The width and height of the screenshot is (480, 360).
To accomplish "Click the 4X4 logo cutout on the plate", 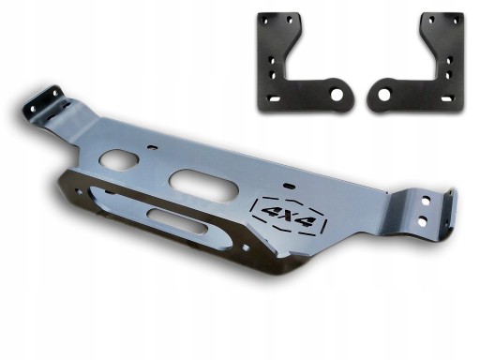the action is point(290,216).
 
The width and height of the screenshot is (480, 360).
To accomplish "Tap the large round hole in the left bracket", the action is point(337,95).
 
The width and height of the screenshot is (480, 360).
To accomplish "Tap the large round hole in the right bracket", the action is point(383,95).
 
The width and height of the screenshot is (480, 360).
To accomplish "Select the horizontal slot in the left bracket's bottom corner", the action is point(274,99).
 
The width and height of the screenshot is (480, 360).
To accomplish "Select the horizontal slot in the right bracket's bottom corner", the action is point(446,99).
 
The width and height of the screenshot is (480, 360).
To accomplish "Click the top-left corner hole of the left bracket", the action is point(265,22).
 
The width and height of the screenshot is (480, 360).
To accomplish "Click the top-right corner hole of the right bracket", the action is point(456,22).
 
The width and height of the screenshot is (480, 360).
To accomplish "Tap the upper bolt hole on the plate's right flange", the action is point(426,201).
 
